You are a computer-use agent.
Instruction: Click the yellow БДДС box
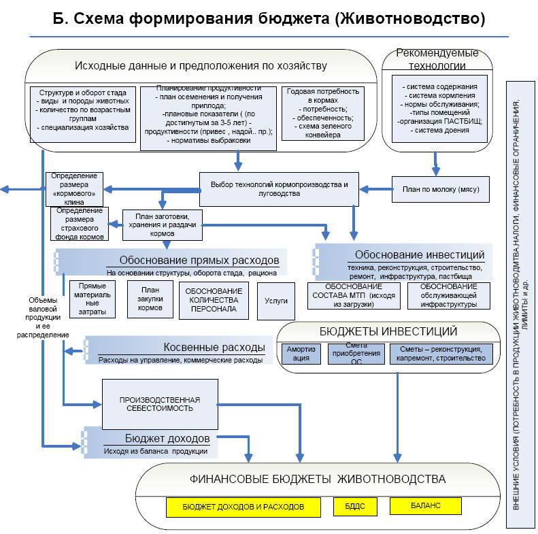pos(351,507)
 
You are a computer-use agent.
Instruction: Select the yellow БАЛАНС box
pos(425,506)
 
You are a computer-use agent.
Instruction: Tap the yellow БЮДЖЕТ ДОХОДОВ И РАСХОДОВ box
pos(243,507)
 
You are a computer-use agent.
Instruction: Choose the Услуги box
pos(275,301)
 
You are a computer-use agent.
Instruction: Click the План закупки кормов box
pos(146,299)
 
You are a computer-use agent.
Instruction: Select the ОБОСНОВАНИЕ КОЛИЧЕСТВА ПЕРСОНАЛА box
pos(209,300)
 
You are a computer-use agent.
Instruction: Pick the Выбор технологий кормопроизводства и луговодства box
pos(279,188)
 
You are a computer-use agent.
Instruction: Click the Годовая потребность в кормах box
pos(322,113)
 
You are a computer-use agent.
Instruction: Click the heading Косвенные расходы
pos(214,347)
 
